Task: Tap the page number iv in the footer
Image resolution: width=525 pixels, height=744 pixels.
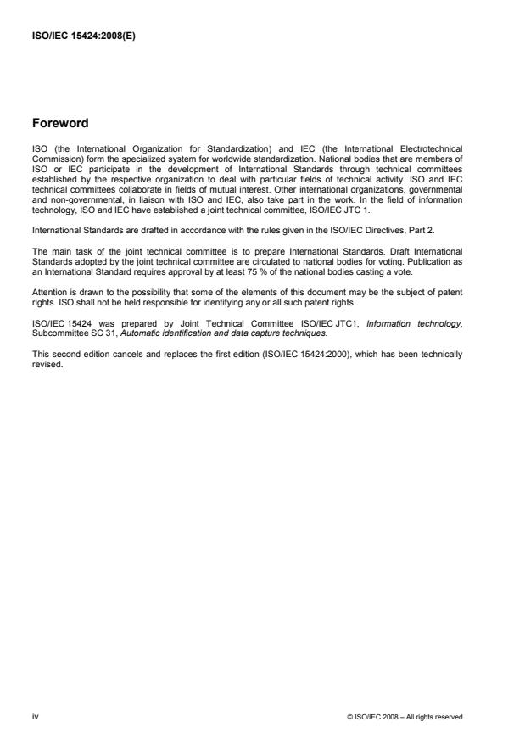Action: click(x=35, y=717)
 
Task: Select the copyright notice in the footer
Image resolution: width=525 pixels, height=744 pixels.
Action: click(x=405, y=717)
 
